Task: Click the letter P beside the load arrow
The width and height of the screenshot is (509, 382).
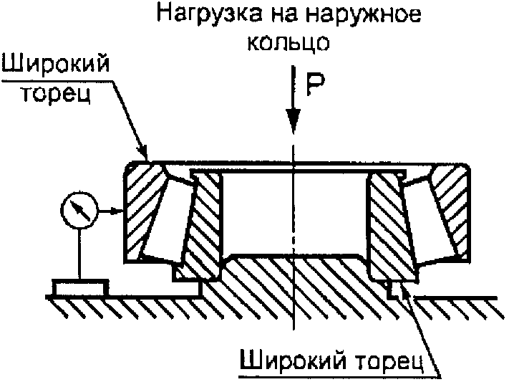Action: click(316, 86)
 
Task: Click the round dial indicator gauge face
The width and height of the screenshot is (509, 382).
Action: click(78, 211)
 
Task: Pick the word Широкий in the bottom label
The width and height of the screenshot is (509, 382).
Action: click(284, 358)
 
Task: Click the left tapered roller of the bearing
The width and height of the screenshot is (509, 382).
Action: click(166, 214)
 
